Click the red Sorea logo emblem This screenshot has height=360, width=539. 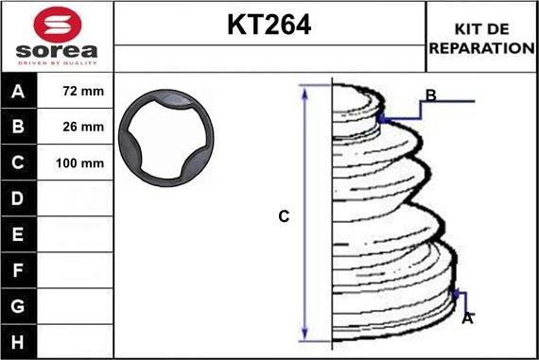coord(58,25)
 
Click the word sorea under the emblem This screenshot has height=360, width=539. coord(57,51)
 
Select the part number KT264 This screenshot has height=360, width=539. coord(269,25)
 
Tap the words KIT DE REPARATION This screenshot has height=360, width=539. coord(481,39)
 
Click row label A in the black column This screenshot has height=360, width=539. coord(18,92)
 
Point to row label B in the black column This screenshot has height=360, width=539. coord(18,127)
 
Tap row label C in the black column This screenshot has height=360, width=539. coord(18,163)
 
